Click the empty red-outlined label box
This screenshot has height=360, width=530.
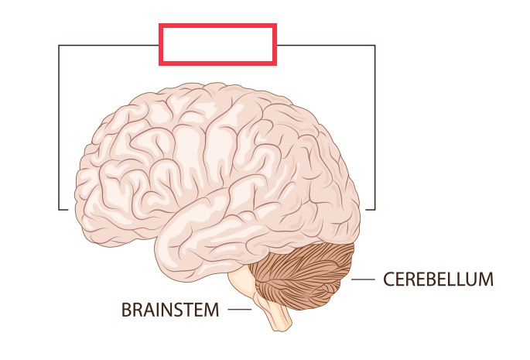click(217, 44)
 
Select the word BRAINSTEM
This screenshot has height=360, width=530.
click(170, 310)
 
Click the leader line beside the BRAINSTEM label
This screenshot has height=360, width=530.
click(240, 310)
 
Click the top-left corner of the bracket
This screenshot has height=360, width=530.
click(59, 45)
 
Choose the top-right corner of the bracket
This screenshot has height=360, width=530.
click(375, 45)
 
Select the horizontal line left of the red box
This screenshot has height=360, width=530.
click(108, 45)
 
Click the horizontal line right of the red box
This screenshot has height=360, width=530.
click(326, 45)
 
